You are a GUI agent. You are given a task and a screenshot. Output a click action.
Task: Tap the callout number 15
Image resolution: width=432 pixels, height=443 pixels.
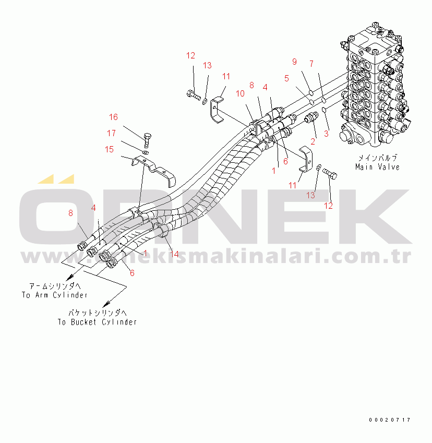(x=109, y=149)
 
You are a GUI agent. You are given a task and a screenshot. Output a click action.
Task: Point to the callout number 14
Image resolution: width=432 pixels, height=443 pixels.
(x=174, y=254)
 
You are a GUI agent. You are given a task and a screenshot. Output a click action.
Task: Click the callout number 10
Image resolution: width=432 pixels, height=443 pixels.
(x=240, y=93)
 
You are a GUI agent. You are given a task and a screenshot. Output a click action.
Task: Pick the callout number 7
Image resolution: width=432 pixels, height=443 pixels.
(x=311, y=64)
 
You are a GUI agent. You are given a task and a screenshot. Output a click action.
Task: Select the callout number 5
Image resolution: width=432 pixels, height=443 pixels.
(x=286, y=78)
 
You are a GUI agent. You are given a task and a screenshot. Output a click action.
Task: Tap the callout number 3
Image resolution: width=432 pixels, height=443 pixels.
(x=327, y=133)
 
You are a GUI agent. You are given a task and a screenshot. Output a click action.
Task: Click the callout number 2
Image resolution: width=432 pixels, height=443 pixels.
(x=313, y=141)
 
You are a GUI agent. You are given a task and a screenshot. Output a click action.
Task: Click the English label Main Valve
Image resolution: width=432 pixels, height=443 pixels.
(x=377, y=167)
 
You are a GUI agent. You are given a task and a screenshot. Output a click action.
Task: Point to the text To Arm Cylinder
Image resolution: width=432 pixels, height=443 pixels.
(x=54, y=295)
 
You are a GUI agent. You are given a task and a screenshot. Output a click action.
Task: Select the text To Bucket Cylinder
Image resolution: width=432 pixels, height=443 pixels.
(x=97, y=322)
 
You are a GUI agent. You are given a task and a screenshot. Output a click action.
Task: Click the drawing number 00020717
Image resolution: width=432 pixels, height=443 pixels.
(x=389, y=420)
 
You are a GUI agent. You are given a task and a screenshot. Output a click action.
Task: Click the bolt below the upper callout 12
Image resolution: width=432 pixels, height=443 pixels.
(x=193, y=95)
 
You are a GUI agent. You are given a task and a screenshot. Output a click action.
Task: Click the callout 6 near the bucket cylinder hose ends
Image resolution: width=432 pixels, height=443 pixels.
(x=132, y=273)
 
